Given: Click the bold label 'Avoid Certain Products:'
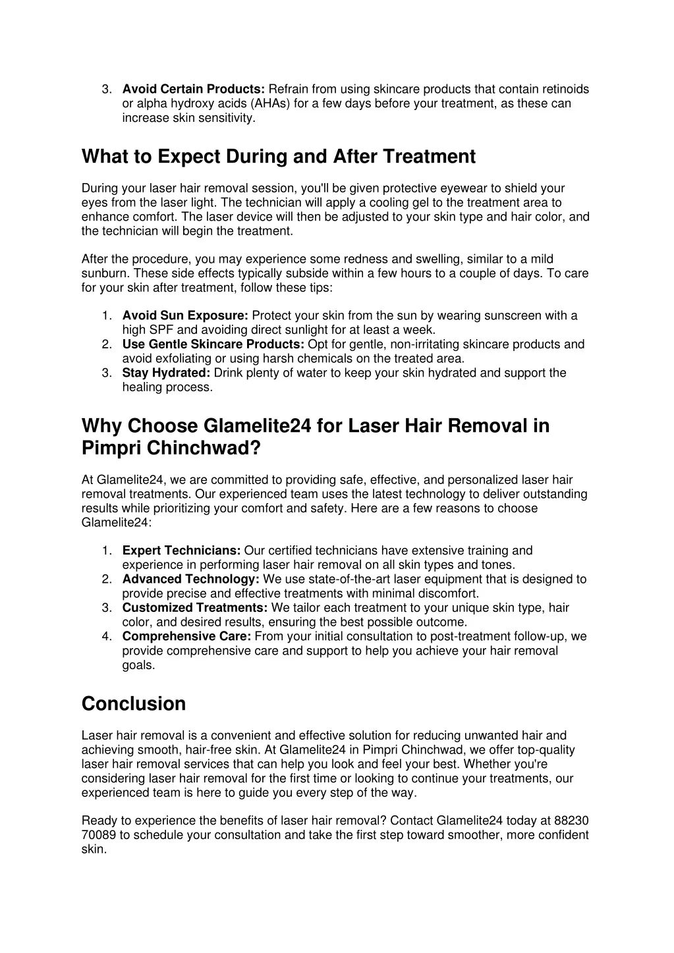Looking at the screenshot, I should (194, 89).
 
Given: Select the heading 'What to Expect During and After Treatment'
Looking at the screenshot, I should (278, 157).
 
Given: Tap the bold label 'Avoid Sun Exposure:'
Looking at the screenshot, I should (185, 315).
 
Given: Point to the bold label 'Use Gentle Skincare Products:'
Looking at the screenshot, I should (213, 344).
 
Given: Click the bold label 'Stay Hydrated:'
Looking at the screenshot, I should (166, 373).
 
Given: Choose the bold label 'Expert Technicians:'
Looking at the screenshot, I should (181, 551).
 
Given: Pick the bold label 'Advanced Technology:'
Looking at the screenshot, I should (190, 580).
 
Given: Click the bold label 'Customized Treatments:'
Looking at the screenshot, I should (195, 608).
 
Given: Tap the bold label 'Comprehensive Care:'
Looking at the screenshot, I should (186, 636).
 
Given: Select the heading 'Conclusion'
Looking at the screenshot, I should (134, 704).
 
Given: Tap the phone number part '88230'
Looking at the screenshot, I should (571, 821).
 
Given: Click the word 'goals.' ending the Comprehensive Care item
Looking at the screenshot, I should (138, 665).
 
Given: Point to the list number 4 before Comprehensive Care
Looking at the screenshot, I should (106, 636).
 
